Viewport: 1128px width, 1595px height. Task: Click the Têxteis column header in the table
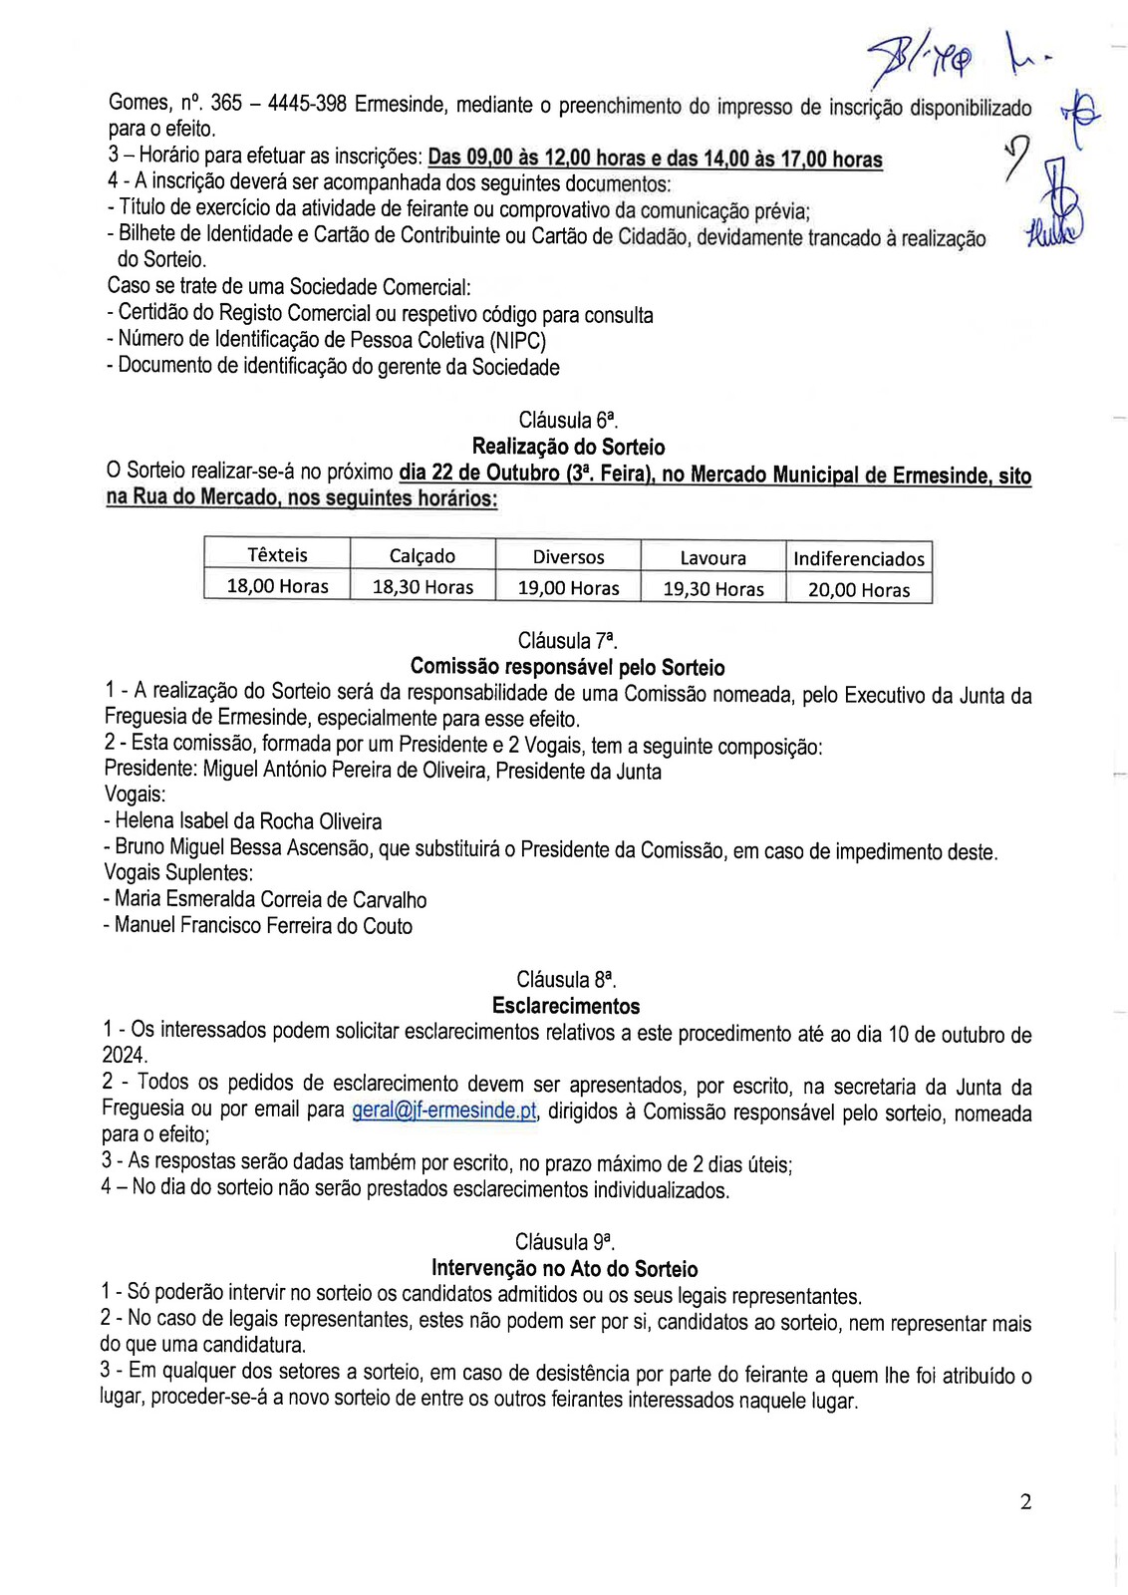point(277,555)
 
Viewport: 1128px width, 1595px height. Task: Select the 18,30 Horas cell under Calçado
point(423,587)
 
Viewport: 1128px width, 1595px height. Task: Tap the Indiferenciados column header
point(859,558)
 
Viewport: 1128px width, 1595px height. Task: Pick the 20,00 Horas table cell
point(859,589)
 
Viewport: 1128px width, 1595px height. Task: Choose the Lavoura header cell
point(712,558)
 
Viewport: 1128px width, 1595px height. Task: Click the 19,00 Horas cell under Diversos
point(568,588)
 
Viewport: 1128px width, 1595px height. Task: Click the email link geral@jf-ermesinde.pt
point(444,1111)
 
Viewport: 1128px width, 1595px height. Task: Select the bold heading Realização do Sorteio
point(568,447)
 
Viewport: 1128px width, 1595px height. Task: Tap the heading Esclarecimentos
point(566,1006)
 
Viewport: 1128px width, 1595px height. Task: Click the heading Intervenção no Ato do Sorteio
point(564,1268)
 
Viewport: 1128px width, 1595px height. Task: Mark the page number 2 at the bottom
point(1025,1501)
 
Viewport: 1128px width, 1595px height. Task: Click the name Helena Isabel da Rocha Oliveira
point(248,821)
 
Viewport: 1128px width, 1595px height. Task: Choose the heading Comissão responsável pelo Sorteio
point(567,667)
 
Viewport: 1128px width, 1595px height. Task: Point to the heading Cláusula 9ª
point(565,1242)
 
